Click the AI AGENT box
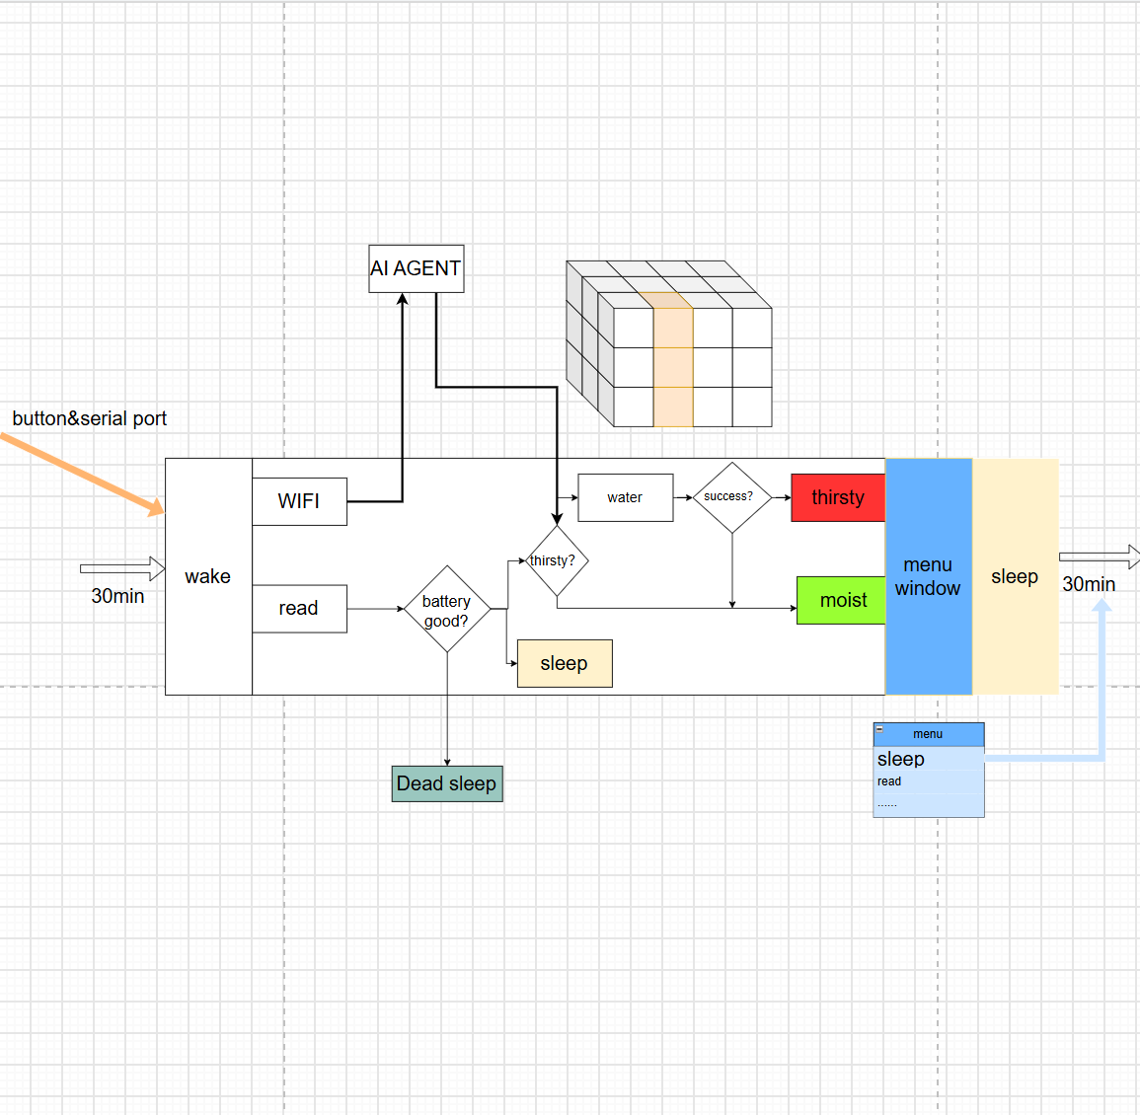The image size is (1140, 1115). tap(416, 269)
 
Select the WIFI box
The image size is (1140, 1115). tap(299, 501)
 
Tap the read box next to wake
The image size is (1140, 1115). tap(299, 609)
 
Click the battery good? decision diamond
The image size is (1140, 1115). tap(447, 609)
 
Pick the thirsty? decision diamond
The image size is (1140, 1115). tap(557, 561)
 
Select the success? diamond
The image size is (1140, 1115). tap(732, 497)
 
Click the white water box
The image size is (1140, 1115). tap(625, 498)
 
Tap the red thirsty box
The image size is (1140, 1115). tap(838, 498)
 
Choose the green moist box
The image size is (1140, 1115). tap(841, 600)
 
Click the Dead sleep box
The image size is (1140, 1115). tap(447, 783)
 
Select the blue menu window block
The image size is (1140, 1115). tap(929, 576)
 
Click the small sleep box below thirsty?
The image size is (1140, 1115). tap(565, 664)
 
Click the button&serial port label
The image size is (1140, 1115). tap(90, 418)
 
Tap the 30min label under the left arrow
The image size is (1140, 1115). tap(117, 596)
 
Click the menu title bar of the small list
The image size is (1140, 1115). tap(929, 734)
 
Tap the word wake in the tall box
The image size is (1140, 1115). tap(208, 576)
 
